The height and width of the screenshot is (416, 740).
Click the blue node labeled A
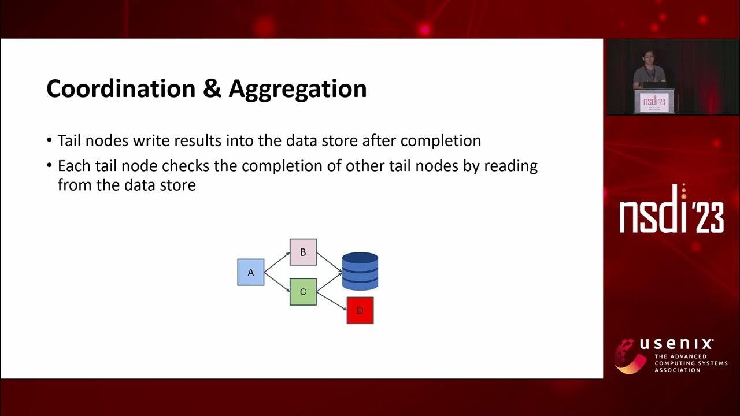250,272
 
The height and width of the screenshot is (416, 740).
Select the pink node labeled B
303,252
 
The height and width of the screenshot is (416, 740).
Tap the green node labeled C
303,292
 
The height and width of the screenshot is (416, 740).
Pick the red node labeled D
360,310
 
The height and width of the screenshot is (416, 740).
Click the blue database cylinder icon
360,271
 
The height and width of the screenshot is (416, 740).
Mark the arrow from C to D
332,301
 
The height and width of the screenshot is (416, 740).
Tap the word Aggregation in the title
298,89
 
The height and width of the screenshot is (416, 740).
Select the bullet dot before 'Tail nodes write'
50,141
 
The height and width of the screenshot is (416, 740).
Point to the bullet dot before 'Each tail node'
50,166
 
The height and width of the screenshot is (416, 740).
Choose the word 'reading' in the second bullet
510,166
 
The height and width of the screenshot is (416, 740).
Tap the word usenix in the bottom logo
676,344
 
